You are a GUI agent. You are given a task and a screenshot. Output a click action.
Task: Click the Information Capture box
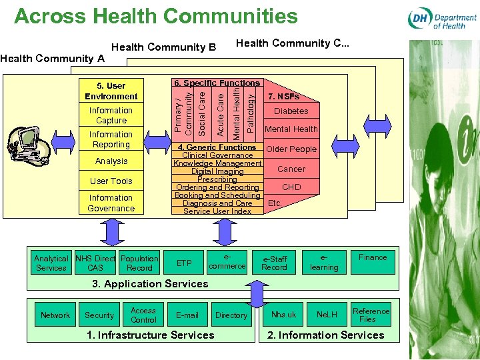click(x=111, y=115)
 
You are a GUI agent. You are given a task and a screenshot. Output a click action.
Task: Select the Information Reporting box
click(x=111, y=139)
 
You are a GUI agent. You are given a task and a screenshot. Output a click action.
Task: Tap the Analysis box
click(x=111, y=161)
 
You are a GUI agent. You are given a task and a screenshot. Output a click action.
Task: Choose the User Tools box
click(x=111, y=181)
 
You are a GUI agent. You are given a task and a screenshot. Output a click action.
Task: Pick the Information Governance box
click(x=111, y=203)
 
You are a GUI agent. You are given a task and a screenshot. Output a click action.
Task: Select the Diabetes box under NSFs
click(x=291, y=111)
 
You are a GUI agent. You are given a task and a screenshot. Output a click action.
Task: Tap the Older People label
click(x=291, y=149)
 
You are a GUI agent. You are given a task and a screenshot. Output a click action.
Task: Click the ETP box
click(x=184, y=263)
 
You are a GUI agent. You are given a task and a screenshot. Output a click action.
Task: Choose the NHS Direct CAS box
click(x=95, y=263)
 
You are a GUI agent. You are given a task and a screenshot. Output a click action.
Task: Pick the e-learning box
click(x=324, y=263)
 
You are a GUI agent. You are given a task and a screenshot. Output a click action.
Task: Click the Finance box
click(x=372, y=257)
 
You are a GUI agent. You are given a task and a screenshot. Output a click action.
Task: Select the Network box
click(x=55, y=315)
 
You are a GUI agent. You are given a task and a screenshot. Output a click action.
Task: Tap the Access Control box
click(x=143, y=315)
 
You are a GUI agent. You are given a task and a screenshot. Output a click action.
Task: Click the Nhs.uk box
click(x=283, y=315)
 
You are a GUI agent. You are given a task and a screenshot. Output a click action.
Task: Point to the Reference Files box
click(x=371, y=315)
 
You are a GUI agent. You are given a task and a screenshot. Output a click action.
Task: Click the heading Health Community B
click(x=164, y=47)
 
